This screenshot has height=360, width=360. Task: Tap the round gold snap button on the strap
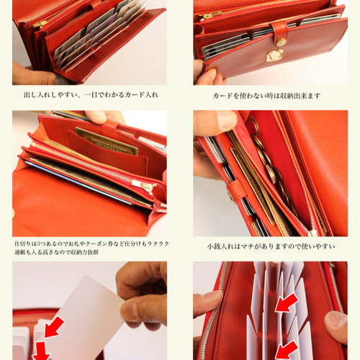pos(281,42)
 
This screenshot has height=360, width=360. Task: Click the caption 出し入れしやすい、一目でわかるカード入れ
pos(90,94)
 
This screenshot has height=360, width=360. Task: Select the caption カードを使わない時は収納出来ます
pos(266,95)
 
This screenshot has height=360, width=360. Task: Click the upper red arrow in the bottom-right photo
pos(286,302)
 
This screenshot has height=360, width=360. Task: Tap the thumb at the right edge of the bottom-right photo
pos(336,326)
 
